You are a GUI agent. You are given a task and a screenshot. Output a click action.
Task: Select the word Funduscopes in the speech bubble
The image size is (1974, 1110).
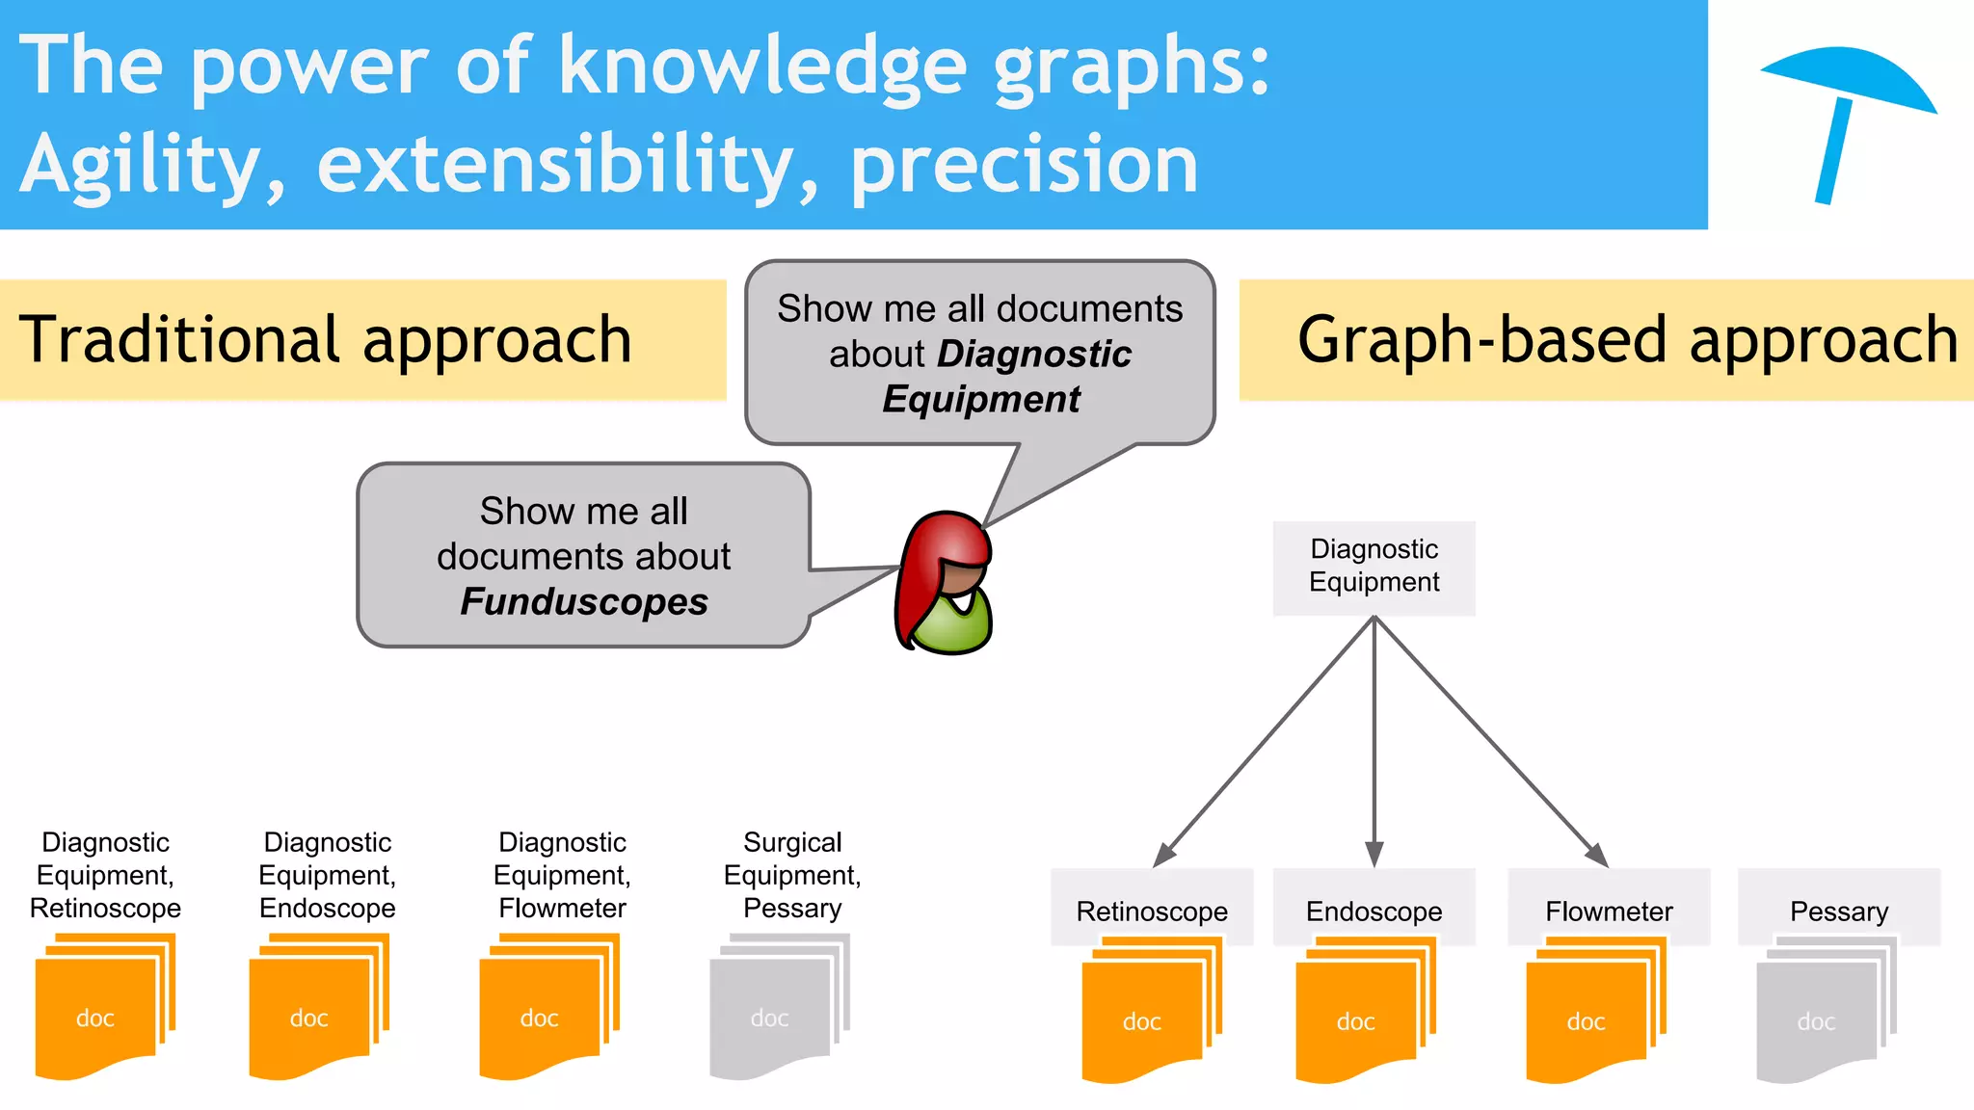coord(584,602)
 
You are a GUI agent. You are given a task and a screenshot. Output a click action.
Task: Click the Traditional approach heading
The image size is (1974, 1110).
coord(326,339)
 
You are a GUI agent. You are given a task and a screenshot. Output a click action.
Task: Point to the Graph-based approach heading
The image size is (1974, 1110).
coord(1627,339)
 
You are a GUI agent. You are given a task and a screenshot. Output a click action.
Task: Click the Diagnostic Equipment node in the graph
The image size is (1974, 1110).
coord(1374,567)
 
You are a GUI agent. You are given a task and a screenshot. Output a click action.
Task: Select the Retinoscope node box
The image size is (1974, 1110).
coord(1152,909)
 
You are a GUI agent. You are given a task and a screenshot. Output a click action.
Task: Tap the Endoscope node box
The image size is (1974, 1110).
coord(1374,909)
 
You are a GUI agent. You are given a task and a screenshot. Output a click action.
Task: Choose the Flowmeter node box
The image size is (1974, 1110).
coord(1609,909)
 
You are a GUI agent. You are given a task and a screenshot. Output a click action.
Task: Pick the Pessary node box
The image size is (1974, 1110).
coord(1838,909)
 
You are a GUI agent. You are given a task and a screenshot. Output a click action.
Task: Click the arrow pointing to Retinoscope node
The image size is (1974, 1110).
coord(1265,742)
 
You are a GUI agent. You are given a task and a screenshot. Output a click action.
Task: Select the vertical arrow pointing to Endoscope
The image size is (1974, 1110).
coord(1374,742)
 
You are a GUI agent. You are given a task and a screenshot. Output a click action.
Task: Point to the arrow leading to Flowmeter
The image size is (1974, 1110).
coord(1489,742)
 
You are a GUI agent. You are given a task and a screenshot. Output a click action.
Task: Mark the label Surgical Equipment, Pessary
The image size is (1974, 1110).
coord(792,875)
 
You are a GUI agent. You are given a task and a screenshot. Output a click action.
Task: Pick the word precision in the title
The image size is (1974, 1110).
coord(1024,166)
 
